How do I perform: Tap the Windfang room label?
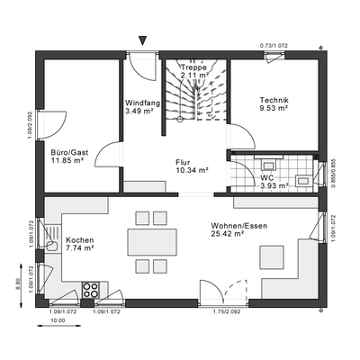(x=143, y=103)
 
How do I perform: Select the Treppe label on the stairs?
(x=193, y=67)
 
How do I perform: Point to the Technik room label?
(x=273, y=100)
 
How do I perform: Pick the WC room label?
(x=266, y=177)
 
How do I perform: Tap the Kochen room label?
(x=80, y=241)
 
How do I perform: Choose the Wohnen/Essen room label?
(x=238, y=225)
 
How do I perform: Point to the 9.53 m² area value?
(x=273, y=109)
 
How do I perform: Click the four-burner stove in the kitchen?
(x=90, y=290)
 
